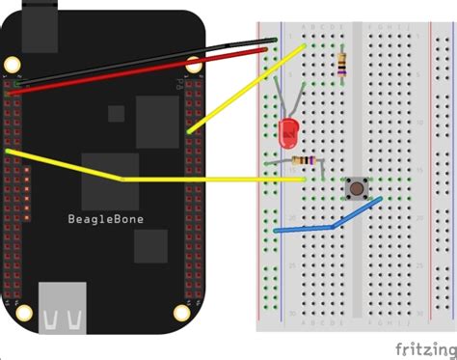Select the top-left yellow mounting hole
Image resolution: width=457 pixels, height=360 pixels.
[x=13, y=65]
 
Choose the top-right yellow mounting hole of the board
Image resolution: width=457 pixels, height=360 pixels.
[x=193, y=66]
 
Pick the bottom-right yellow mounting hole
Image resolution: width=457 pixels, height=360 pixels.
[x=180, y=311]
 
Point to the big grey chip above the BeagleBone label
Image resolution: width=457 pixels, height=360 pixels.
[x=158, y=120]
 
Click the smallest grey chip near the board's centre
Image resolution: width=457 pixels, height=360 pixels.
[x=116, y=113]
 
